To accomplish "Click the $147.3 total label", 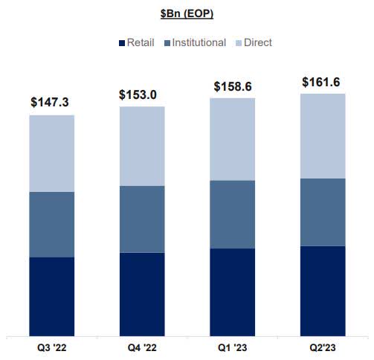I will [x=51, y=101].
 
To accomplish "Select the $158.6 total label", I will [x=232, y=86].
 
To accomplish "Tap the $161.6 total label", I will [x=323, y=82].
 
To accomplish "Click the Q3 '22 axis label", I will [x=51, y=348].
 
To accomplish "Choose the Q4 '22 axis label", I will [x=141, y=348].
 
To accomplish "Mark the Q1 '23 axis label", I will [x=232, y=348].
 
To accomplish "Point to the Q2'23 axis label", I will [x=323, y=348].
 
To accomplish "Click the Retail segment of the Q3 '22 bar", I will [x=51, y=296].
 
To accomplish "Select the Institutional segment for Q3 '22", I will [x=51, y=224].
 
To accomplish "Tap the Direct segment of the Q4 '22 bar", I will [x=141, y=146].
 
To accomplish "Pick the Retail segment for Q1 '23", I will [x=232, y=292].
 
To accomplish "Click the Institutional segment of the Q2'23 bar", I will [x=323, y=212].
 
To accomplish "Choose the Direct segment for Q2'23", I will [x=323, y=135].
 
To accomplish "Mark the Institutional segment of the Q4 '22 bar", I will [x=141, y=219].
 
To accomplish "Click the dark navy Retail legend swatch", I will [x=120, y=42].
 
